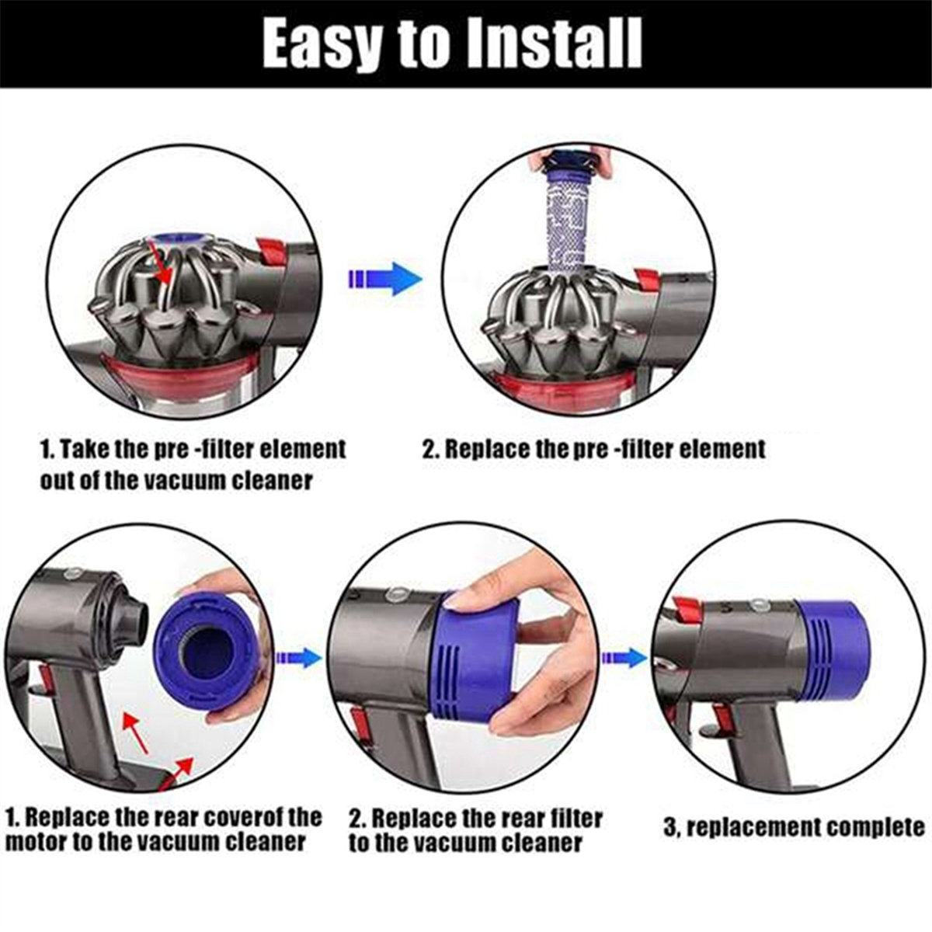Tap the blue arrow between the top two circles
[x=385, y=279]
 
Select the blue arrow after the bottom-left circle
[x=298, y=657]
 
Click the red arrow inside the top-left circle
[x=163, y=266]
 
